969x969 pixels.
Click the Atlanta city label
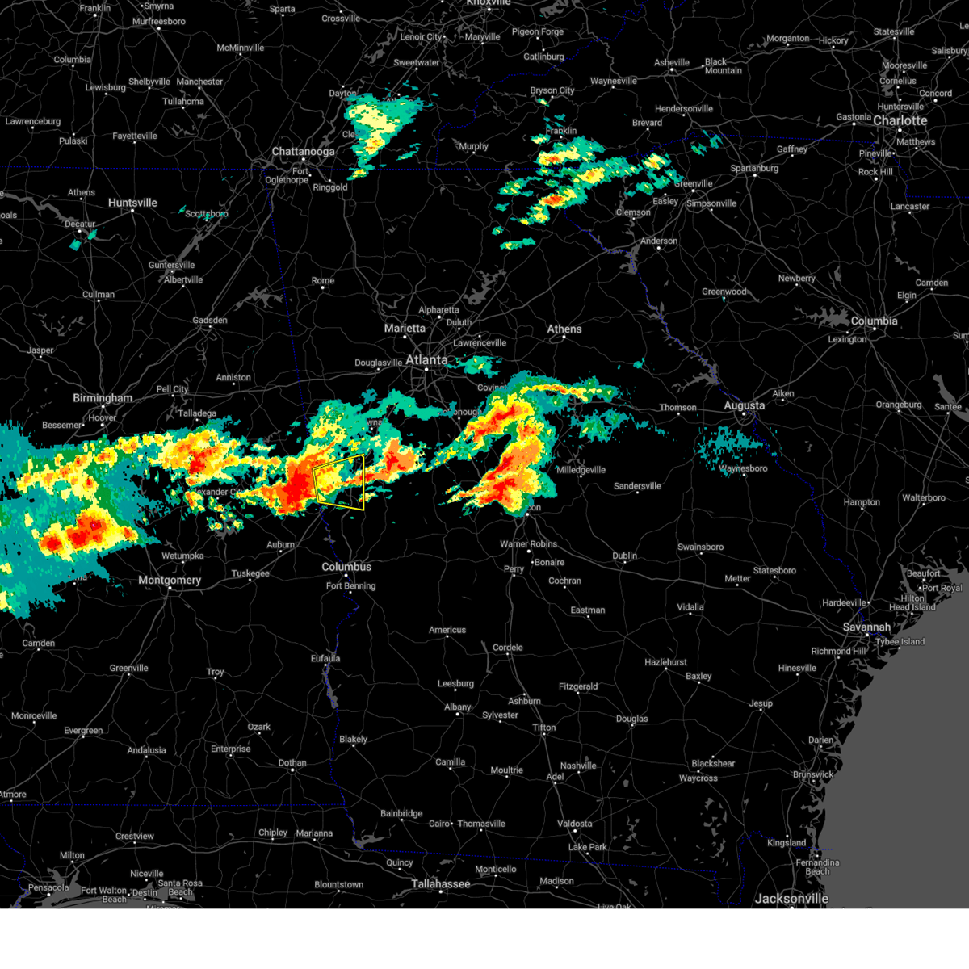[x=426, y=360]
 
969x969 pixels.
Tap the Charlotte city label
[x=900, y=121]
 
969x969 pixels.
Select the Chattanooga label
[x=303, y=152]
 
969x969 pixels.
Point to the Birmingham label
[x=103, y=398]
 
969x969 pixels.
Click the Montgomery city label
[x=170, y=580]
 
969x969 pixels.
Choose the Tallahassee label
[x=440, y=884]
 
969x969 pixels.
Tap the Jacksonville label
[x=791, y=899]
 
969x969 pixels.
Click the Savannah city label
[x=866, y=627]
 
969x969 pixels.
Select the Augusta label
[x=744, y=405]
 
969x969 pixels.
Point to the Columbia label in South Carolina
[x=874, y=321]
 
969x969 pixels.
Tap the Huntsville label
[x=132, y=203]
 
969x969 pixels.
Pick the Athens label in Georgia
[x=564, y=329]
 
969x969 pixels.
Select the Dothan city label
[x=292, y=762]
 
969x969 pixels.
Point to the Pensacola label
[x=48, y=887]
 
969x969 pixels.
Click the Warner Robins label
[x=527, y=543]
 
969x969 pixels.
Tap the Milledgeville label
[x=581, y=470]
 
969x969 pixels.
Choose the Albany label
[x=457, y=707]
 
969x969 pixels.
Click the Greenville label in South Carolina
[x=693, y=184]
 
